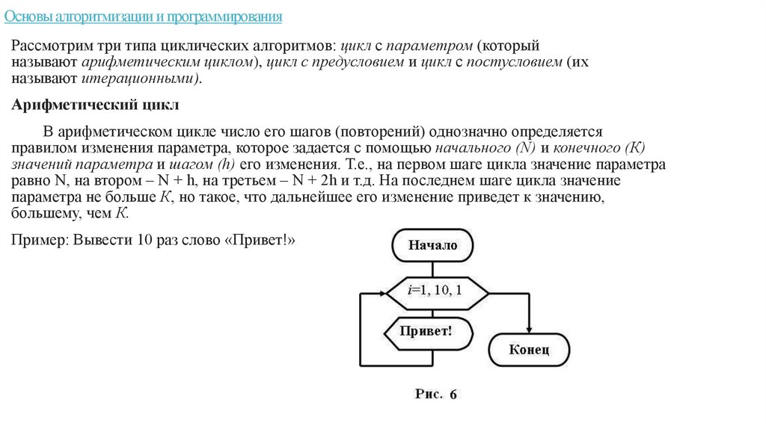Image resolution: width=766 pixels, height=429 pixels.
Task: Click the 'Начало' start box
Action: pos(432,244)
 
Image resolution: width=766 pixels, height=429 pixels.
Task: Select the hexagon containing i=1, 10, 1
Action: pos(435,288)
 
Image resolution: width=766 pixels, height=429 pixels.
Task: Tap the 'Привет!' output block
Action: pos(426,330)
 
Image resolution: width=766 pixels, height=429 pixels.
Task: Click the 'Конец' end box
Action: pos(529,348)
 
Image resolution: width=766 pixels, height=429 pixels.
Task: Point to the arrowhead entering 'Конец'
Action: pos(529,330)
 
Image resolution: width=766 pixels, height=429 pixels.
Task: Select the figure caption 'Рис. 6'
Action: pos(435,394)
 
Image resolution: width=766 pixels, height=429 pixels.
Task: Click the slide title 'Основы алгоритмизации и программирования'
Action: pos(150,15)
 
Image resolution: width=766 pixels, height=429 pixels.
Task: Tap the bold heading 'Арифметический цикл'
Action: pos(96,104)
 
